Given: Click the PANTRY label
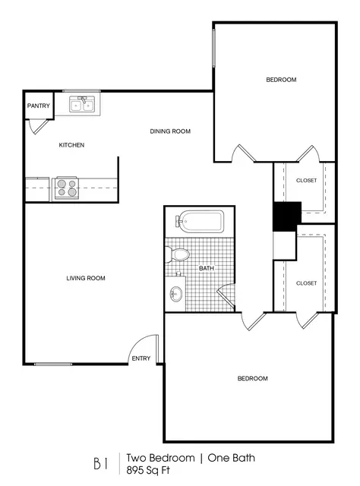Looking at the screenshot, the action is pyautogui.click(x=39, y=106).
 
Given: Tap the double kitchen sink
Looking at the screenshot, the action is pyautogui.click(x=81, y=104).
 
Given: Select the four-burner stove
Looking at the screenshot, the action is pyautogui.click(x=67, y=188).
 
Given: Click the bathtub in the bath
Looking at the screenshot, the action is pyautogui.click(x=200, y=221).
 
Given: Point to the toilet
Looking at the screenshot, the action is pyautogui.click(x=178, y=254).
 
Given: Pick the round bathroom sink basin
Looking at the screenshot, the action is pyautogui.click(x=176, y=294).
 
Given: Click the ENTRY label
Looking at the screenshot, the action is pyautogui.click(x=141, y=358).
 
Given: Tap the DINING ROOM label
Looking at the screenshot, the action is pyautogui.click(x=170, y=131).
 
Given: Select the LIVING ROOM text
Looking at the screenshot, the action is pyautogui.click(x=86, y=279).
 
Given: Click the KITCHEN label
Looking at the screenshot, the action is pyautogui.click(x=71, y=145).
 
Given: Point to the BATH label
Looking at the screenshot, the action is pyautogui.click(x=207, y=268).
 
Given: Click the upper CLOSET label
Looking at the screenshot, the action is pyautogui.click(x=306, y=181).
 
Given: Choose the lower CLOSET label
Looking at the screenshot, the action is pyautogui.click(x=306, y=283).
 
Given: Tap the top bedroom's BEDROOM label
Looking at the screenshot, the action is pyautogui.click(x=281, y=80).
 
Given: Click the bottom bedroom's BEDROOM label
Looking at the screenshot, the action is pyautogui.click(x=253, y=378).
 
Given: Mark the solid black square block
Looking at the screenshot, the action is pyautogui.click(x=287, y=216).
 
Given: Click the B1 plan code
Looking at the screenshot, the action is pyautogui.click(x=101, y=464).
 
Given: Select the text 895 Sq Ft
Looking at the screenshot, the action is pyautogui.click(x=148, y=470).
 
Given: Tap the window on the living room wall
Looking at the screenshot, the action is pyautogui.click(x=53, y=364).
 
